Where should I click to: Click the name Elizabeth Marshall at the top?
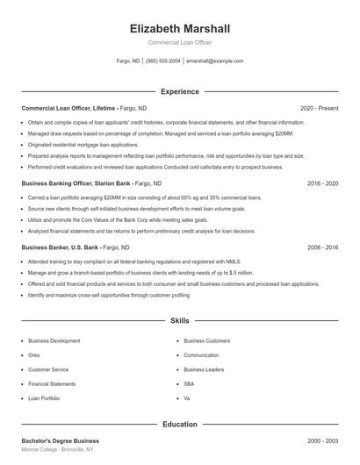click(179, 28)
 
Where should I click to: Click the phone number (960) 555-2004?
click(163, 61)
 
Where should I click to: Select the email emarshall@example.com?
click(215, 61)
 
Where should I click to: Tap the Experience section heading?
click(180, 91)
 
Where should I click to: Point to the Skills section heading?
click(180, 322)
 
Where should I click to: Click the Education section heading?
click(180, 425)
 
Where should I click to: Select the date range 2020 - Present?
click(319, 108)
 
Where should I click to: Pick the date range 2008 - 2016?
click(322, 247)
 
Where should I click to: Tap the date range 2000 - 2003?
click(322, 440)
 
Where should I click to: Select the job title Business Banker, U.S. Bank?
click(57, 247)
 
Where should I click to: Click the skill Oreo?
click(34, 355)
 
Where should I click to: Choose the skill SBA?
click(189, 383)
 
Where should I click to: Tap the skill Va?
click(187, 398)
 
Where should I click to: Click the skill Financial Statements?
click(52, 383)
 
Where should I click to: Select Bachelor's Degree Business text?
click(60, 440)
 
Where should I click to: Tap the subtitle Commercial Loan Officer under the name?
click(179, 42)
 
